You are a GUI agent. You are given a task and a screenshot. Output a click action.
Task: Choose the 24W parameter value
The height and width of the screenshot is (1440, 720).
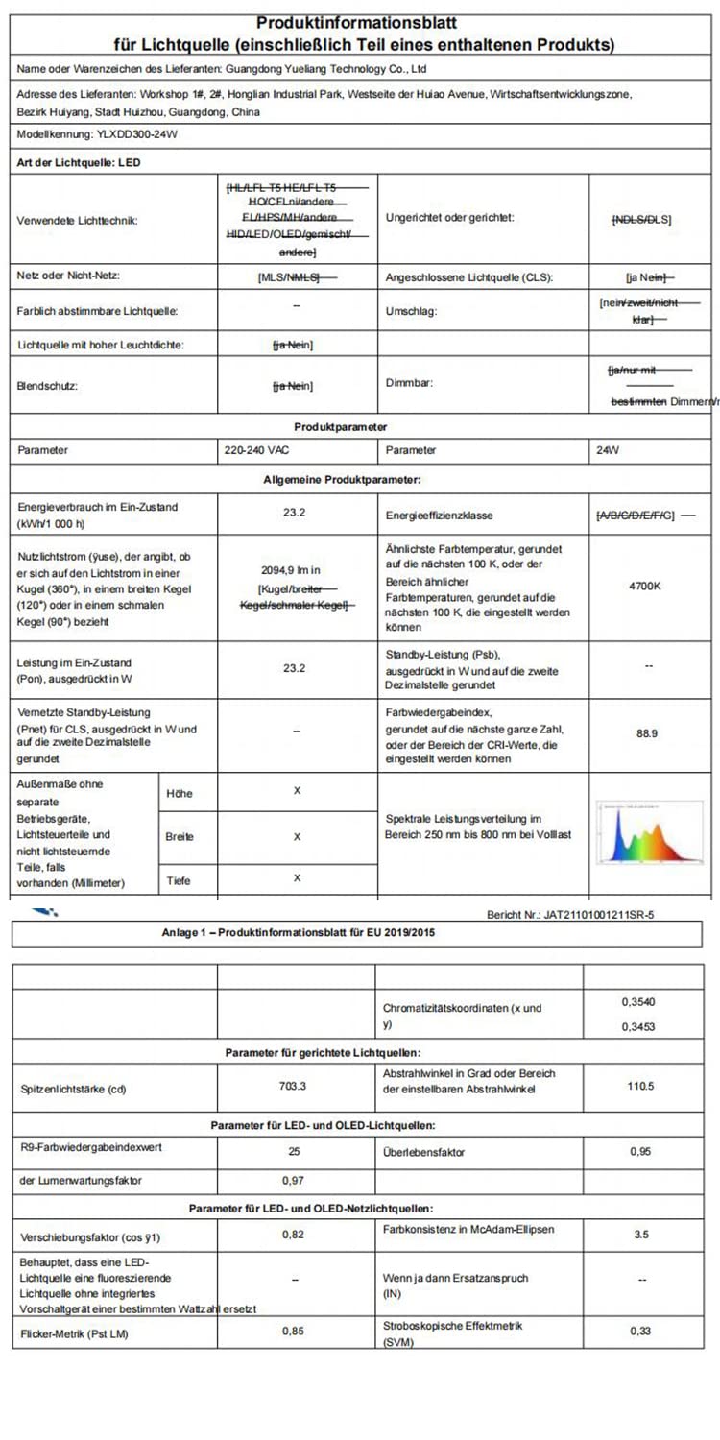pyautogui.click(x=608, y=449)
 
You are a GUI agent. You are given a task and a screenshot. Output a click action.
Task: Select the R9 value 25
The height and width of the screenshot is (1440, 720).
pyautogui.click(x=295, y=1150)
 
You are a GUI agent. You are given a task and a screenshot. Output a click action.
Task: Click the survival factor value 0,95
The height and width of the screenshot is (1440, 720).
pyautogui.click(x=641, y=1150)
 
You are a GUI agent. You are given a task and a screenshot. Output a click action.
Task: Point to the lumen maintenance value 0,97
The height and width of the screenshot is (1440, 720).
pyautogui.click(x=294, y=1179)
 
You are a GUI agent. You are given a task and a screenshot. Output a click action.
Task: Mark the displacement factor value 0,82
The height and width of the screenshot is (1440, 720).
pyautogui.click(x=294, y=1235)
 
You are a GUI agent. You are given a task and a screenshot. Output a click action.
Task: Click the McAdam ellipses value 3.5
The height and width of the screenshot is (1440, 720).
pyautogui.click(x=641, y=1235)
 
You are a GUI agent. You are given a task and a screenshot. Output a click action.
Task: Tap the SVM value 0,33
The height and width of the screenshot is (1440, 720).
pyautogui.click(x=641, y=1331)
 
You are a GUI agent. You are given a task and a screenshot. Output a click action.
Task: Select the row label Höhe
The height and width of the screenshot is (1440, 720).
pyautogui.click(x=179, y=794)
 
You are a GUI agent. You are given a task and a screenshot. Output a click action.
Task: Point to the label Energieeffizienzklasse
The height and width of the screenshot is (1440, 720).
pyautogui.click(x=439, y=516)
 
